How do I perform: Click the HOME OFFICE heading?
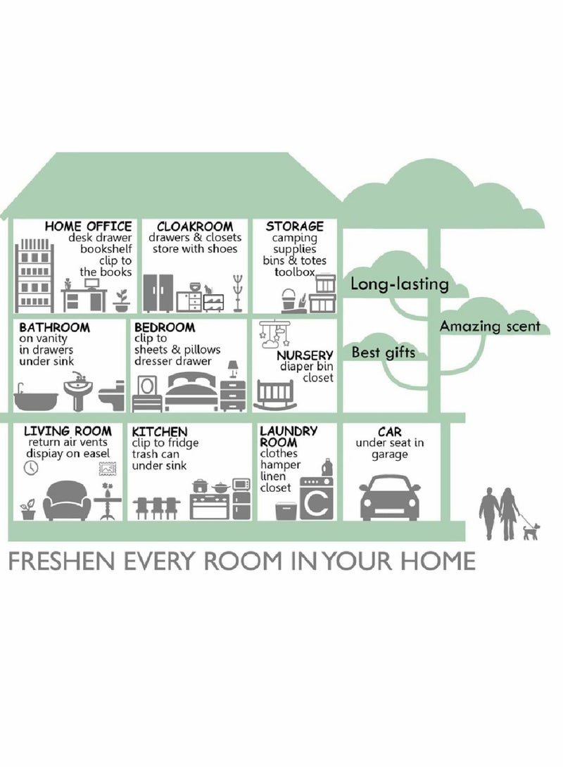point(88,227)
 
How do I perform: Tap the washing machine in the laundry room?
point(317,498)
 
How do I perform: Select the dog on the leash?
point(531,531)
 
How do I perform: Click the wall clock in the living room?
point(30,468)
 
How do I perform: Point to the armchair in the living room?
point(67,500)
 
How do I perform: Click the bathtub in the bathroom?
point(35,397)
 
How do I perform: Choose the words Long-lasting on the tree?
point(399,284)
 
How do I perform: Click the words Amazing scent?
point(490,327)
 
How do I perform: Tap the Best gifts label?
point(383,353)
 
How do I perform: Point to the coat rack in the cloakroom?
point(238,293)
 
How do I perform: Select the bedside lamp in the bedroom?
point(233,369)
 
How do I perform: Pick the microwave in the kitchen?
point(241,484)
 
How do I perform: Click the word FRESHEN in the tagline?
point(63,561)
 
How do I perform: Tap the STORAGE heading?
point(294,227)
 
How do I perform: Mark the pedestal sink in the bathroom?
point(77,391)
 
